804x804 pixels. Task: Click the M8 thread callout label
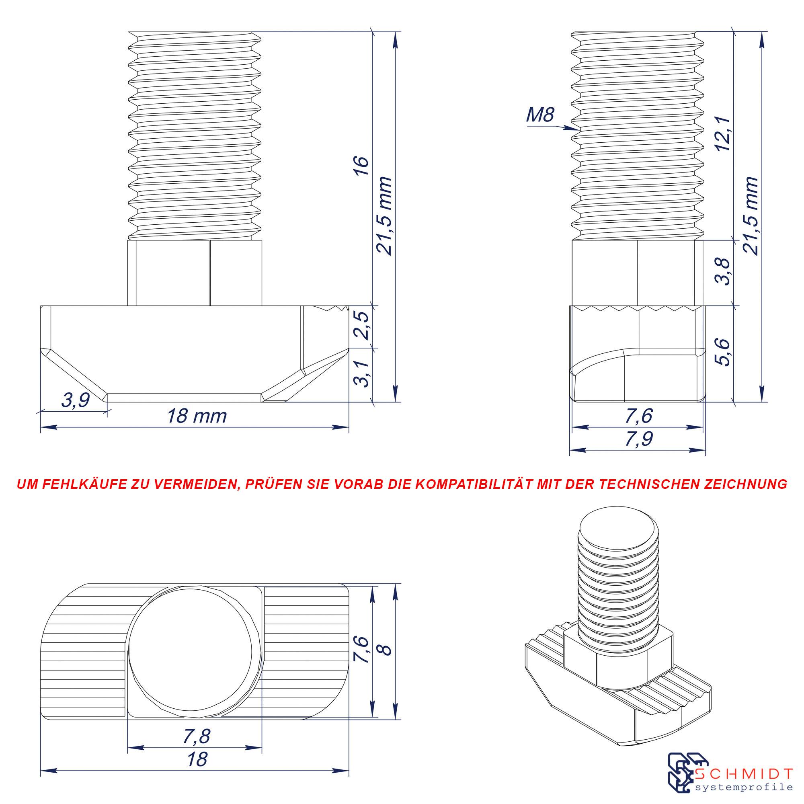(540, 115)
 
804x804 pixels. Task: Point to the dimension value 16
(362, 166)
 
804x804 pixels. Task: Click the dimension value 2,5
(362, 326)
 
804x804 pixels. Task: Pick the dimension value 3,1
(362, 374)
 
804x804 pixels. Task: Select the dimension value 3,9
(75, 400)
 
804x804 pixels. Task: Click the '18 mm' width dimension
(197, 416)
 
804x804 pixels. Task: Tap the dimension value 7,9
(639, 439)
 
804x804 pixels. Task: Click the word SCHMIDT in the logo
(744, 775)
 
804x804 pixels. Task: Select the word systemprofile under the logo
(744, 788)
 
